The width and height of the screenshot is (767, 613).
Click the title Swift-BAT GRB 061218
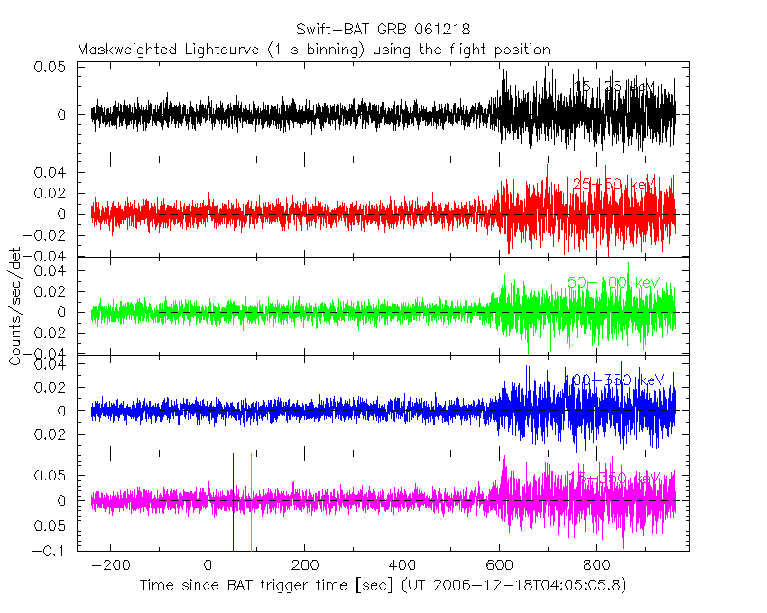click(383, 31)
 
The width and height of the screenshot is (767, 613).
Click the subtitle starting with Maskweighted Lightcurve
click(313, 49)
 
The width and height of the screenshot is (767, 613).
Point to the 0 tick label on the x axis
click(208, 565)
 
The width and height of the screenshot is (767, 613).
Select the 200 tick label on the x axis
click(305, 565)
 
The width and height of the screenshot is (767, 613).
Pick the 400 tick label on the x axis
click(402, 565)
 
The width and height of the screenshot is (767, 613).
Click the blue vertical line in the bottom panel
click(233, 501)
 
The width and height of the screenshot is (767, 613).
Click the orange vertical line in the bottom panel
click(251, 501)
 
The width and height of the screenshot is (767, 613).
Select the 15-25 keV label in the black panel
click(615, 87)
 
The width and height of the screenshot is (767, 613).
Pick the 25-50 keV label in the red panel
click(613, 185)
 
